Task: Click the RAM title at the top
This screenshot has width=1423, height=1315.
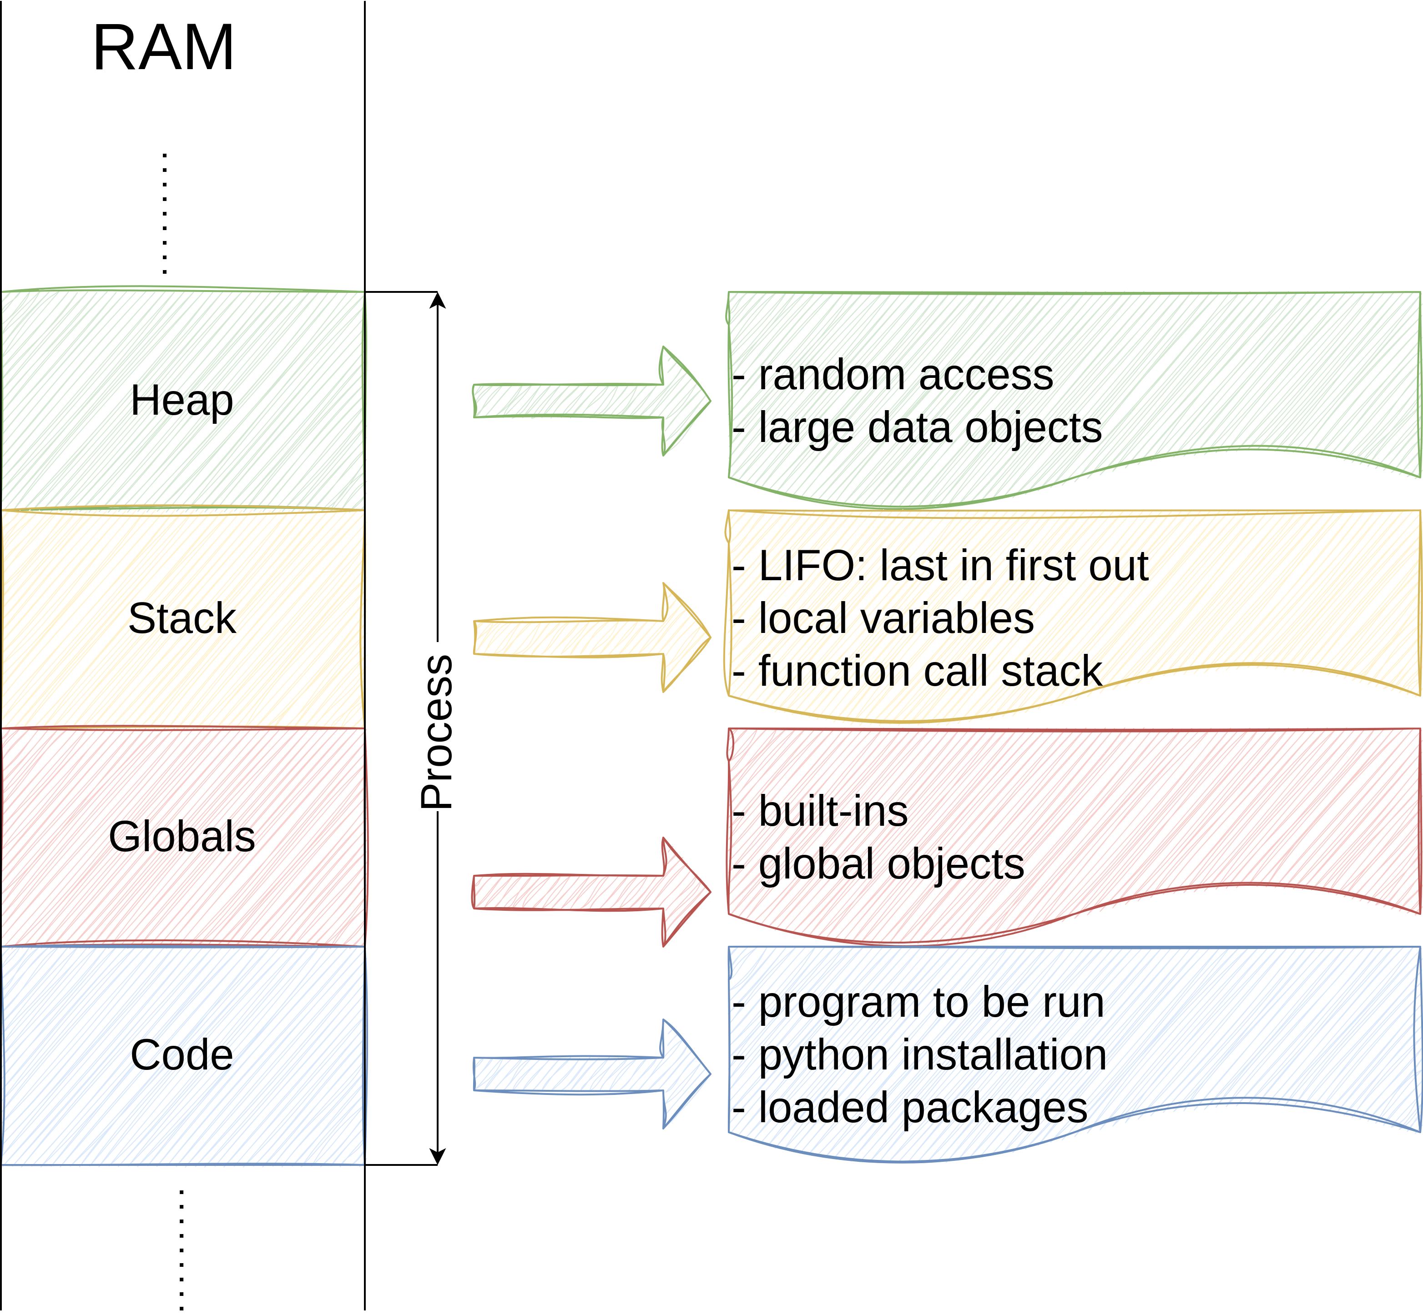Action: [164, 48]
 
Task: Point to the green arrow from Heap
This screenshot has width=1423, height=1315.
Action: [591, 401]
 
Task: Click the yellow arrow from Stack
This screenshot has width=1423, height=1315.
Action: [591, 637]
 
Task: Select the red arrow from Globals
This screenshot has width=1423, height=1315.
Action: [591, 892]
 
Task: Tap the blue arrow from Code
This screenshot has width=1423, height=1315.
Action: [591, 1074]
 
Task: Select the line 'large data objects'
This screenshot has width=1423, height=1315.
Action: [930, 428]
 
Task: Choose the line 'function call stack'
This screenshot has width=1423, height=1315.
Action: [930, 671]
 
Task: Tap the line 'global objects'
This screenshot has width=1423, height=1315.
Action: [891, 864]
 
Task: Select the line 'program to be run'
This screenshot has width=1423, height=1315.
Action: [931, 1004]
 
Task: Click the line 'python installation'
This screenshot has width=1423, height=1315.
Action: [933, 1056]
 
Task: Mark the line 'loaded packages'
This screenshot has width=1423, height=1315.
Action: [923, 1109]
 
